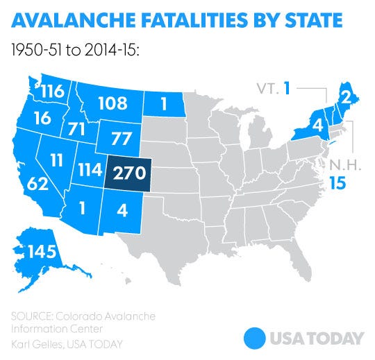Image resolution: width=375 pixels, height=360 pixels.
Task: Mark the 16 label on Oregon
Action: tap(40, 117)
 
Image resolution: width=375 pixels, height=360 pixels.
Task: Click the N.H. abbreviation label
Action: tap(337, 167)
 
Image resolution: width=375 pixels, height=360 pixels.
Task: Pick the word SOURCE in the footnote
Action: tap(32, 316)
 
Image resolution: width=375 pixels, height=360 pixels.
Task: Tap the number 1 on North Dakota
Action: tap(165, 105)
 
